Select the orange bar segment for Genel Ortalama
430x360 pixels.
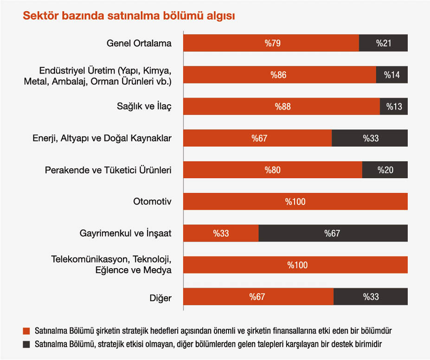pos(271,43)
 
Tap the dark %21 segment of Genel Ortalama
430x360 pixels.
pos(384,43)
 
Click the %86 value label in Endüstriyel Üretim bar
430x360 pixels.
pos(279,75)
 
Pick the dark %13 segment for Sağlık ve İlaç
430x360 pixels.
pos(394,106)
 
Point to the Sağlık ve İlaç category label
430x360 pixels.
pos(144,107)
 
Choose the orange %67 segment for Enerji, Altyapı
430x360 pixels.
pos(258,138)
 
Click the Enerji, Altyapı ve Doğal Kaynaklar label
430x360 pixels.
pos(102,138)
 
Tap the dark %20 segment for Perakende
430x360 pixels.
pos(385,170)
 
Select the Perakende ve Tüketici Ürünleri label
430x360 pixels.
pos(108,170)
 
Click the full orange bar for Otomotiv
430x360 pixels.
pos(295,201)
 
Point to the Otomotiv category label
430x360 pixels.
pos(152,201)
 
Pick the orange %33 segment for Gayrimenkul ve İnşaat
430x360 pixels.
pos(221,233)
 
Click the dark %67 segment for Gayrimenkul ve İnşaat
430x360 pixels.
pos(333,233)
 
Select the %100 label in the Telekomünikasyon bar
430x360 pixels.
pos(297,265)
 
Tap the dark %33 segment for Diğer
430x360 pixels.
pos(371,296)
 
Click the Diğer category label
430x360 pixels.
pos(161,297)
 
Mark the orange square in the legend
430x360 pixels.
pos(26,331)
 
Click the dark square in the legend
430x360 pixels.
pos(26,344)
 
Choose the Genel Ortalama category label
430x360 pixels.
pos(139,43)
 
